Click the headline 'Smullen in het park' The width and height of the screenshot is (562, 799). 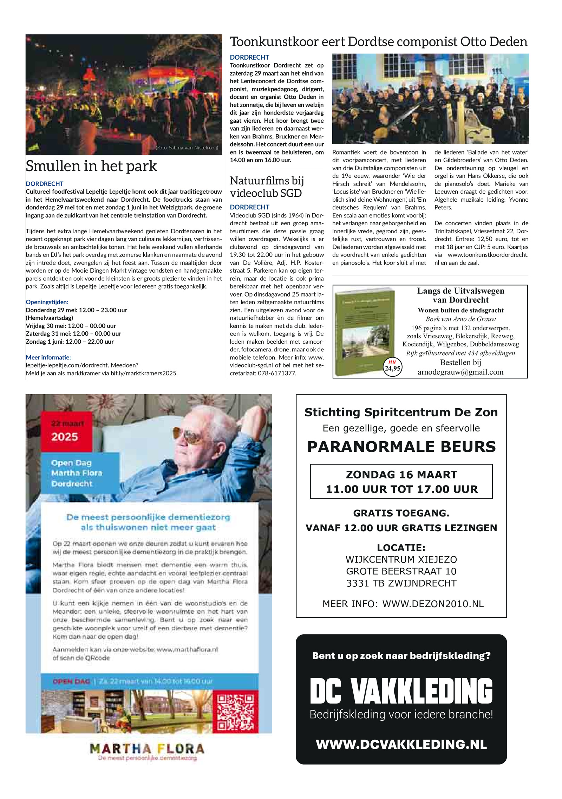(x=91, y=166)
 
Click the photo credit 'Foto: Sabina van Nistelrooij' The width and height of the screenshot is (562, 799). (x=187, y=148)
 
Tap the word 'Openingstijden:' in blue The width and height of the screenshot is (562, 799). (x=47, y=302)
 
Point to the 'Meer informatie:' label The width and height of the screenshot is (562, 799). (x=48, y=357)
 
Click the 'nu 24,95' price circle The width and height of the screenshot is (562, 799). (x=392, y=366)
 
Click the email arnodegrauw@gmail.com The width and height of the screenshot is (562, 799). (x=460, y=372)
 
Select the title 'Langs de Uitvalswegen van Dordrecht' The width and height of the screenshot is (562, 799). (x=460, y=295)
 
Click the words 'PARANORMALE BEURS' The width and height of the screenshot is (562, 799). (x=401, y=447)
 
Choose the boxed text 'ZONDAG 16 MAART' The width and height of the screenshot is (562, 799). (x=401, y=475)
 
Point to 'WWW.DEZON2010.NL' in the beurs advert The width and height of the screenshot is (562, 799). (x=433, y=604)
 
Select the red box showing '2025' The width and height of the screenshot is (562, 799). (x=66, y=432)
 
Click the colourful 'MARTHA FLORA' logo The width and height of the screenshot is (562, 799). (x=147, y=749)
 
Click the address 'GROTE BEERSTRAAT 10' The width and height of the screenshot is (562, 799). (x=401, y=571)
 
